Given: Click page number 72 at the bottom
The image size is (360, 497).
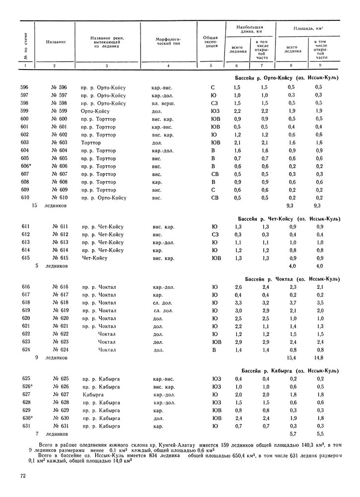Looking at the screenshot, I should tap(23, 476).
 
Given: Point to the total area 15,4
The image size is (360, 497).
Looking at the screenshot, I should tap(291, 357).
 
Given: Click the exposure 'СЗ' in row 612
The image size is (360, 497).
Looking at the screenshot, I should tap(215, 235).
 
